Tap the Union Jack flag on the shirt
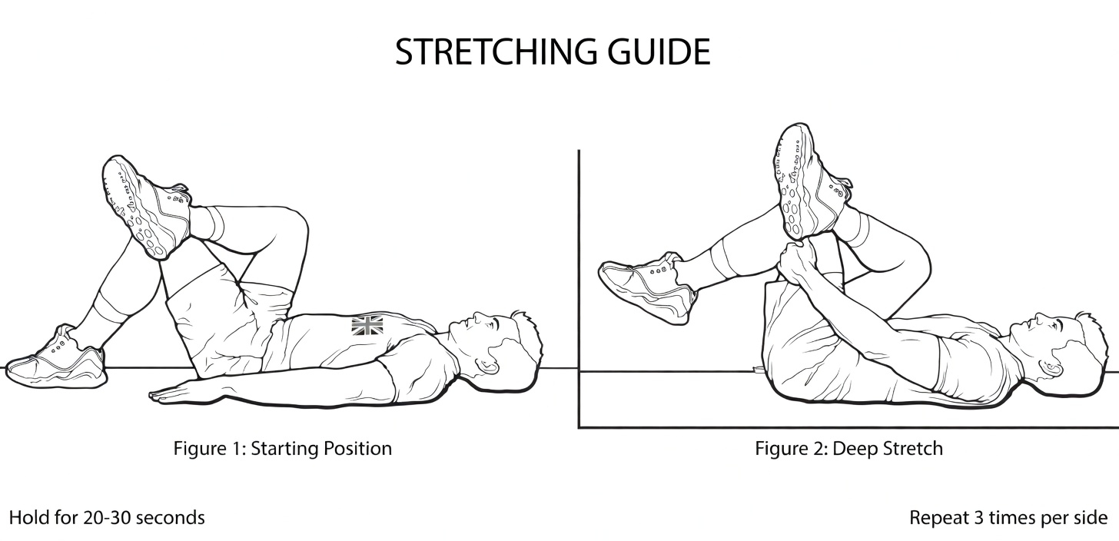[367, 325]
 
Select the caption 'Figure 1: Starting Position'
[282, 448]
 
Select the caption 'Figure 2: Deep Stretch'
[848, 448]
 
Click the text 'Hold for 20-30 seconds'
[107, 517]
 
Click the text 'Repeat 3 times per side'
[1008, 517]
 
